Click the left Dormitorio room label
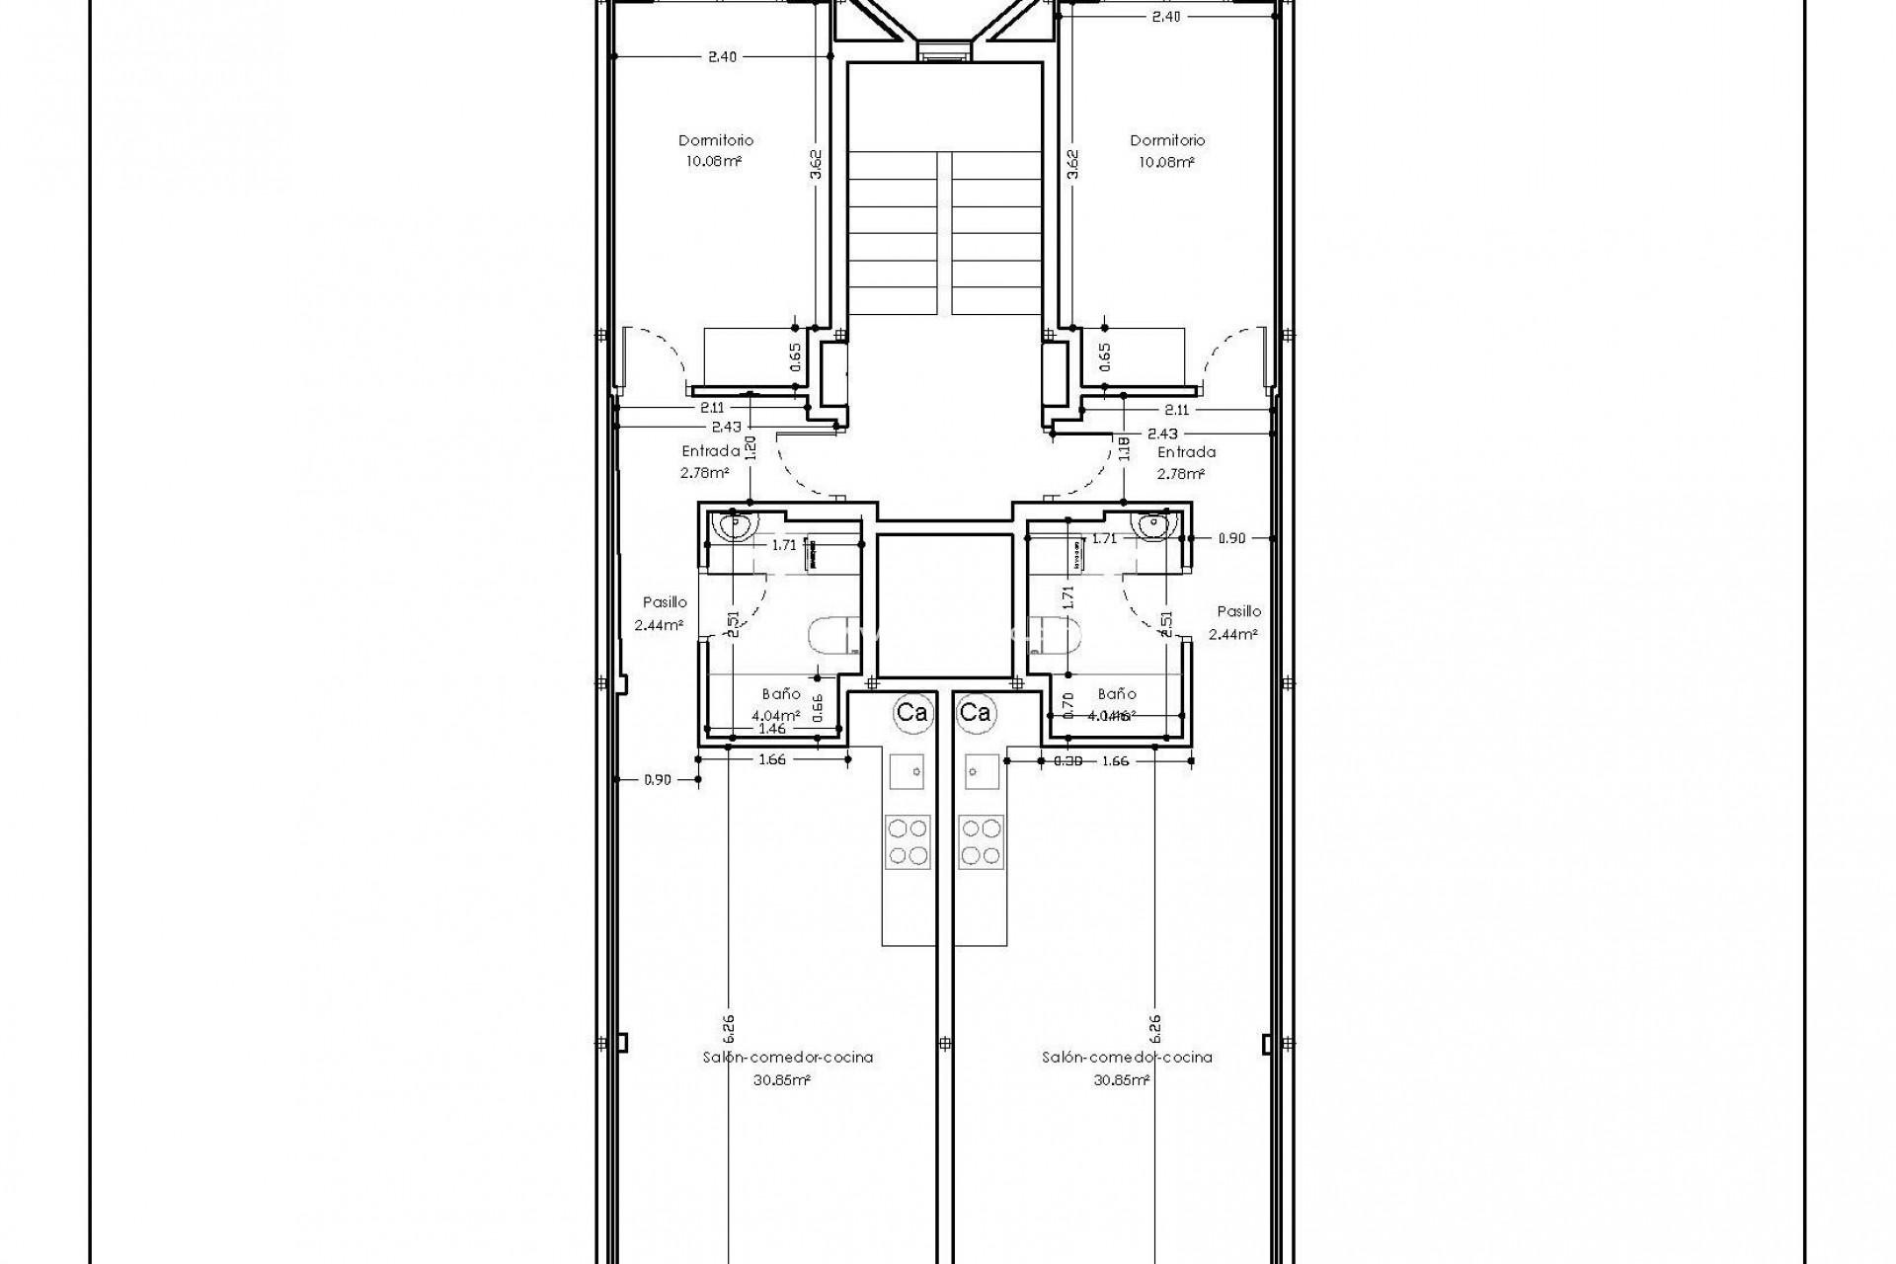pyautogui.click(x=716, y=140)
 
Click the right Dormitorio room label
pyautogui.click(x=1167, y=140)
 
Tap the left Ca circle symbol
pyautogui.click(x=910, y=712)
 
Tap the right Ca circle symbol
pyautogui.click(x=976, y=712)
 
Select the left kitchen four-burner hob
pyautogui.click(x=908, y=841)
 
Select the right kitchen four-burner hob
pyautogui.click(x=981, y=841)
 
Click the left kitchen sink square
pyautogui.click(x=908, y=770)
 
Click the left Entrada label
pyautogui.click(x=710, y=451)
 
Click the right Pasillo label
pyautogui.click(x=1238, y=611)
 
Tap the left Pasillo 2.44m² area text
pyautogui.click(x=660, y=625)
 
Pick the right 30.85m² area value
pyautogui.click(x=1121, y=1080)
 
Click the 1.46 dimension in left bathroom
pyautogui.click(x=772, y=729)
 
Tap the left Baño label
pyautogui.click(x=781, y=694)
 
